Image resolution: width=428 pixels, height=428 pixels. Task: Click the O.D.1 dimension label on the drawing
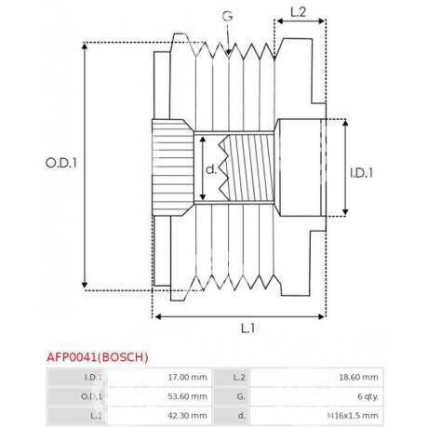pyautogui.click(x=61, y=162)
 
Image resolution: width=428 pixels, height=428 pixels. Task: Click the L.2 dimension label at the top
pyautogui.click(x=297, y=13)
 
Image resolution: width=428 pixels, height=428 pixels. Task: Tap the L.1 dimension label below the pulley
pyautogui.click(x=247, y=328)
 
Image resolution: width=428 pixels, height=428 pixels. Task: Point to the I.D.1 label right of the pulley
pyautogui.click(x=362, y=172)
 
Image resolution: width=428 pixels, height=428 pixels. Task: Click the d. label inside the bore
pyautogui.click(x=210, y=169)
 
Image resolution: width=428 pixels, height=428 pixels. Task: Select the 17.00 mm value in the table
pyautogui.click(x=187, y=377)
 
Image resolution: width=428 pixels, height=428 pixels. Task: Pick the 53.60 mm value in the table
pyautogui.click(x=187, y=395)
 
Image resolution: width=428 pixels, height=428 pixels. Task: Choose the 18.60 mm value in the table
pyautogui.click(x=359, y=377)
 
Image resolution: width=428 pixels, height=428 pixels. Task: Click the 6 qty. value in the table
pyautogui.click(x=364, y=395)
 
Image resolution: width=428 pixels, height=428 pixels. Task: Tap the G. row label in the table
pyautogui.click(x=238, y=395)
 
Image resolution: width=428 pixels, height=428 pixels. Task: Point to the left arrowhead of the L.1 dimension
pyautogui.click(x=157, y=316)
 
